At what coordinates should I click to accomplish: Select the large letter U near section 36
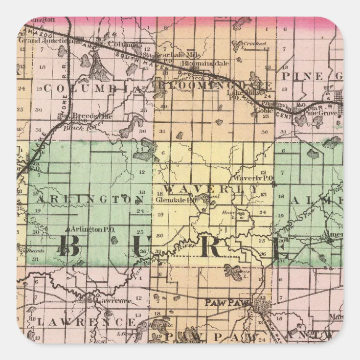pos(141,246)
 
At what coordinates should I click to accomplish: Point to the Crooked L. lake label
pos(256,44)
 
